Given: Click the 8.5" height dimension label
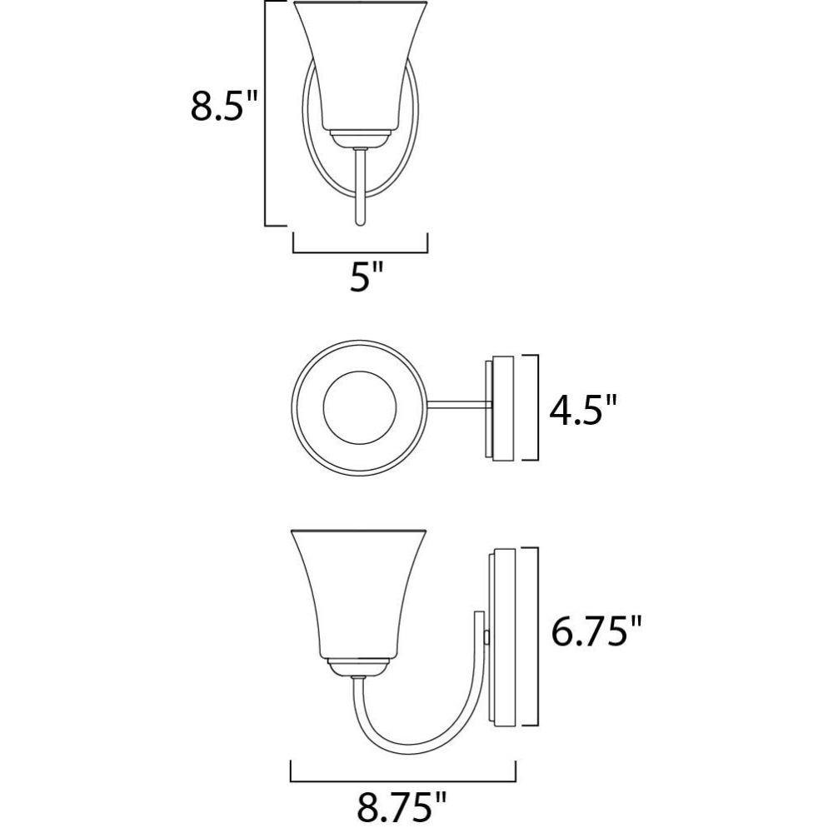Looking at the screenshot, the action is coord(223,107).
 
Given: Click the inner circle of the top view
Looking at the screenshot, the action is coord(360,407).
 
